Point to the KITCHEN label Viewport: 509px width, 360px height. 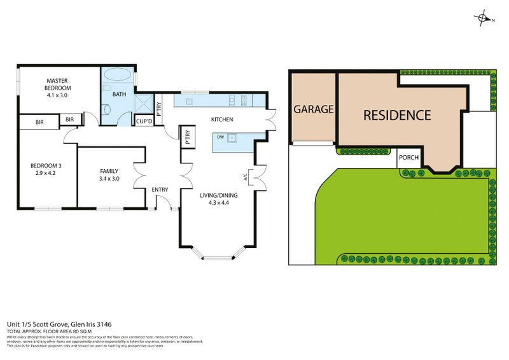pyautogui.click(x=222, y=120)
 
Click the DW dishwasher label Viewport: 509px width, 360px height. pyautogui.click(x=220, y=137)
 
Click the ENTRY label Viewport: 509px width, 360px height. pyautogui.click(x=159, y=190)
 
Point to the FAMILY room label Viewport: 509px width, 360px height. pyautogui.click(x=109, y=170)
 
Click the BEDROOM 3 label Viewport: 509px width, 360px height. pyautogui.click(x=46, y=166)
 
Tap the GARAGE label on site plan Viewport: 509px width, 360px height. pyautogui.click(x=313, y=109)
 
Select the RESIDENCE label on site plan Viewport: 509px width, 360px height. pyautogui.click(x=397, y=115)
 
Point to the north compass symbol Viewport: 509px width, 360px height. pyautogui.click(x=484, y=19)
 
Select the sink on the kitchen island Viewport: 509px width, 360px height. pyautogui.click(x=234, y=137)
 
